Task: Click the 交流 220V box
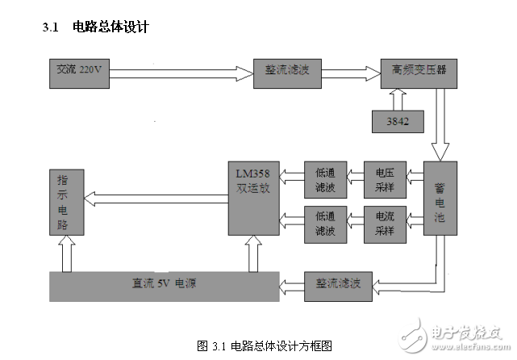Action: tap(76, 71)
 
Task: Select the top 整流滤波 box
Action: tap(286, 71)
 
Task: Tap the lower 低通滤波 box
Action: tap(325, 224)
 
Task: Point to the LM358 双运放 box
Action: tap(253, 199)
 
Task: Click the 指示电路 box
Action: tap(65, 201)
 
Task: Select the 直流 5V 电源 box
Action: tap(164, 286)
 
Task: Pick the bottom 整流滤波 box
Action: tap(338, 286)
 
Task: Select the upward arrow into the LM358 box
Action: tap(253, 253)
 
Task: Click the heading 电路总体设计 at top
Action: tap(111, 27)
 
